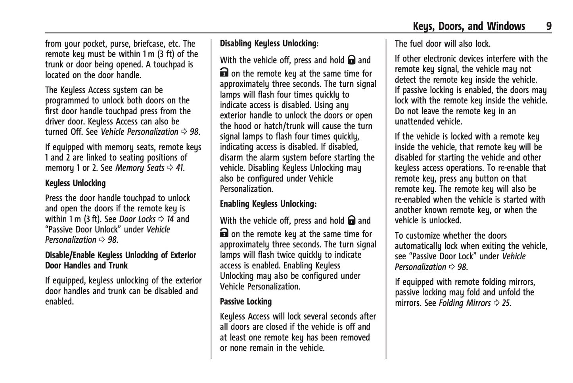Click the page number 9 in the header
(x=549, y=26)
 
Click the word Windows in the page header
(x=506, y=26)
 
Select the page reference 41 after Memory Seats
(x=180, y=168)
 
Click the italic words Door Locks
(x=137, y=219)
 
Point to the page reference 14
(x=170, y=219)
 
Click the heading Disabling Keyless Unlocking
(x=268, y=43)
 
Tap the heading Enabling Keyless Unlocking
(x=268, y=204)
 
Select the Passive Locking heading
(x=246, y=301)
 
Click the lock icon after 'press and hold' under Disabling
(x=351, y=60)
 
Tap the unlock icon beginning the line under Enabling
(x=224, y=233)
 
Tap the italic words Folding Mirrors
(x=464, y=303)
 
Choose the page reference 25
(x=506, y=303)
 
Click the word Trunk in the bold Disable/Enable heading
(x=118, y=265)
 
